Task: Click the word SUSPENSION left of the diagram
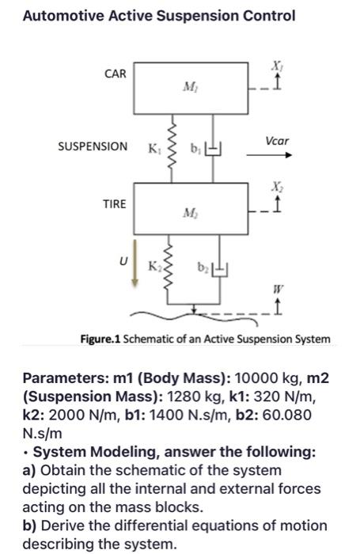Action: point(93,146)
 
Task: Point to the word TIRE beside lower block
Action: point(114,203)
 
